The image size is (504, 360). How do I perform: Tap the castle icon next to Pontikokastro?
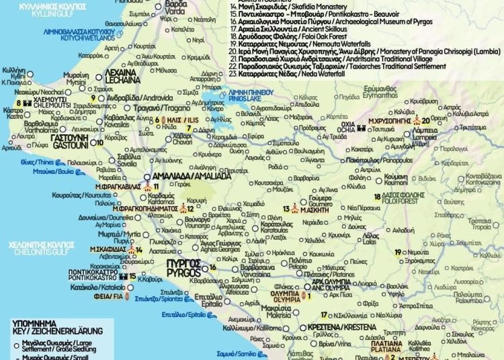(x=123, y=276)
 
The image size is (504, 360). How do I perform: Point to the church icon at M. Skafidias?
(x=139, y=250)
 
